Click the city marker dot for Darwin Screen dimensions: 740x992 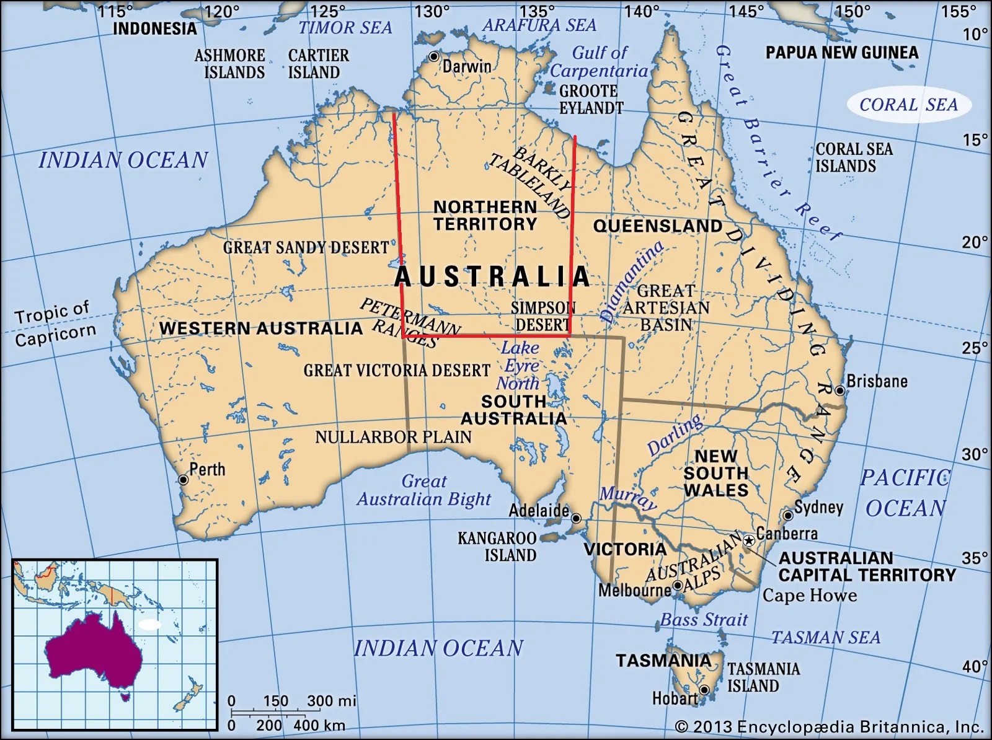(x=434, y=56)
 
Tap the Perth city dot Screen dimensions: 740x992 (x=183, y=480)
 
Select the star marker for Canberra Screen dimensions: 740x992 (x=749, y=541)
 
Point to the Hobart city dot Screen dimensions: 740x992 (x=704, y=690)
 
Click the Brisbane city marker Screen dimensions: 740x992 (x=839, y=390)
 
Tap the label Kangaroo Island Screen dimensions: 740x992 (x=497, y=546)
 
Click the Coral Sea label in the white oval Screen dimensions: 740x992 (x=908, y=105)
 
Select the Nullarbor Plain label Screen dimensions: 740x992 (x=393, y=437)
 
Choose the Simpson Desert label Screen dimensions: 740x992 (x=542, y=316)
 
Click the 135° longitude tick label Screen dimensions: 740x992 (x=537, y=11)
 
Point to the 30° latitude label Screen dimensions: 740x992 (x=975, y=454)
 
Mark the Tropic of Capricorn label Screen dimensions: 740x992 (x=55, y=324)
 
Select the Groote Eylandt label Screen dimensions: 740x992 (x=590, y=99)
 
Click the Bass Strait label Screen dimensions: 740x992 (x=703, y=619)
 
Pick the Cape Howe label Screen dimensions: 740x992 (x=809, y=596)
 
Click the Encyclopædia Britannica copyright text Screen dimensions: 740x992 (x=829, y=726)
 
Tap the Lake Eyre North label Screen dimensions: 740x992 (x=520, y=365)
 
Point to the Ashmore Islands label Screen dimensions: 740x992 (x=230, y=64)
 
